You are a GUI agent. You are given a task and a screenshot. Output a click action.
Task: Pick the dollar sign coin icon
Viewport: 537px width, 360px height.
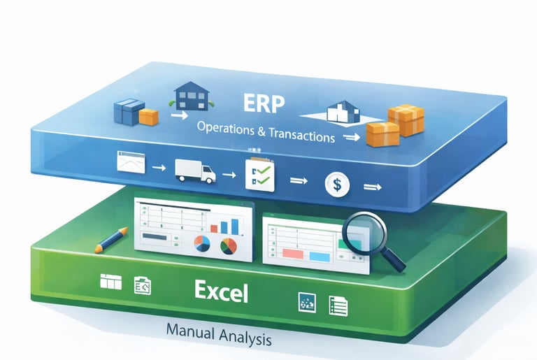click(x=337, y=186)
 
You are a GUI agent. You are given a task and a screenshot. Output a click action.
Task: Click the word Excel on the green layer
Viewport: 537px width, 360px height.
click(x=222, y=291)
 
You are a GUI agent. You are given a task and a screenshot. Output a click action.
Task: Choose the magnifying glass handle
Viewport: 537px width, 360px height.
click(x=396, y=260)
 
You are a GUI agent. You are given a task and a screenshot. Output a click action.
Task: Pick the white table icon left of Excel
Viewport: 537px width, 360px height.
click(x=111, y=282)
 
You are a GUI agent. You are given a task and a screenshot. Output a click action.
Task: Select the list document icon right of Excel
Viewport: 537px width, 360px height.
click(x=338, y=305)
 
